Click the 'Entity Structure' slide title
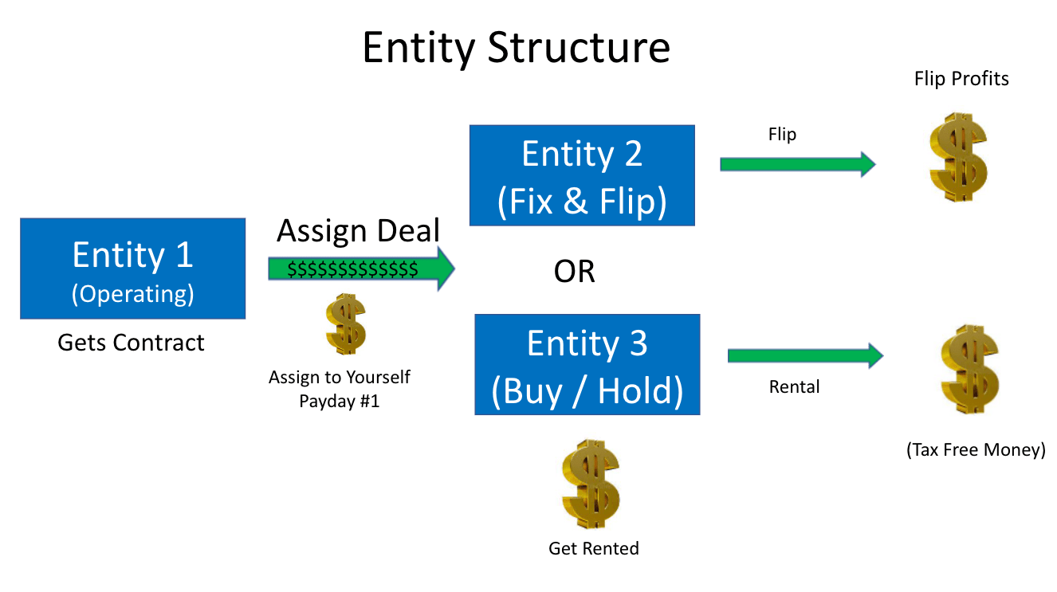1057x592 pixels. click(516, 48)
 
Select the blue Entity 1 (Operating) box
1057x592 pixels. click(132, 269)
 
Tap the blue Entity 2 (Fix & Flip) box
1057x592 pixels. click(582, 174)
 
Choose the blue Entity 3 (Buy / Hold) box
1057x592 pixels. click(587, 364)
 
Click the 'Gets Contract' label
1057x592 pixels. click(131, 343)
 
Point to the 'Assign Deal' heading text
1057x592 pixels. click(358, 231)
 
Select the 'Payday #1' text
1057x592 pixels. click(339, 401)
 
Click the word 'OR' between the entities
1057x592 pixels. click(574, 272)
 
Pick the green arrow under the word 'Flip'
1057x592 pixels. click(797, 164)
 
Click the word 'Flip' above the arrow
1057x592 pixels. click(782, 134)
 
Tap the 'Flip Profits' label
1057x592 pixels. click(961, 79)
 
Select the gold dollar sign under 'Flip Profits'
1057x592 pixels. click(958, 157)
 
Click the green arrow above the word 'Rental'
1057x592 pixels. click(805, 355)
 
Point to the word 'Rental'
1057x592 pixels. click(794, 387)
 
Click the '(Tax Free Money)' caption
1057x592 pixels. click(976, 449)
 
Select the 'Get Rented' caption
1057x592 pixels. click(594, 548)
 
